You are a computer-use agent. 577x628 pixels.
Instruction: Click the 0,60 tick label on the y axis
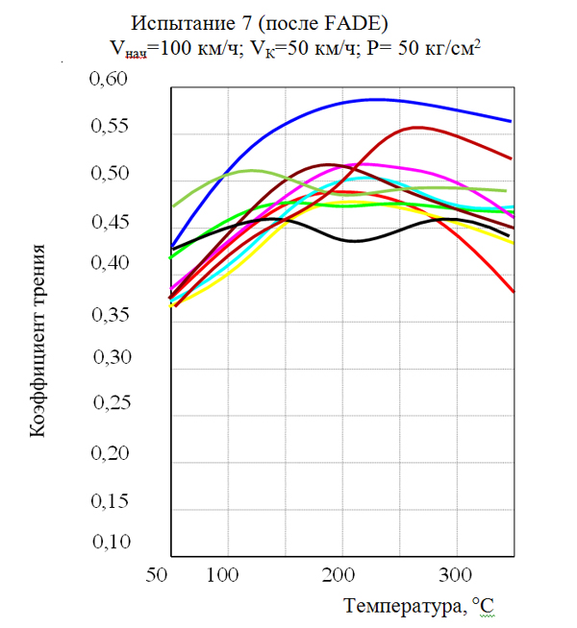pyautogui.click(x=109, y=80)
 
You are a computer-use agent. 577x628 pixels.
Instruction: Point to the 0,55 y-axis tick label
pyautogui.click(x=109, y=127)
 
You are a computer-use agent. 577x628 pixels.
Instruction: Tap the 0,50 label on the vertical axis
pyautogui.click(x=109, y=175)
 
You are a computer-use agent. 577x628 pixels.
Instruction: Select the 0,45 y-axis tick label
pyautogui.click(x=109, y=223)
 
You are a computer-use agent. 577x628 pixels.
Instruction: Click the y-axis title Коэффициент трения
pyautogui.click(x=38, y=342)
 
